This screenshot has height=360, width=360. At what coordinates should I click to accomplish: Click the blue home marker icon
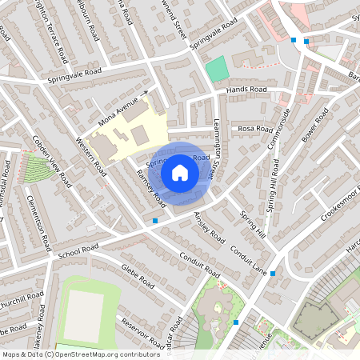[x=180, y=172]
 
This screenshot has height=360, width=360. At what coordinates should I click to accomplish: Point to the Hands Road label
[x=246, y=90]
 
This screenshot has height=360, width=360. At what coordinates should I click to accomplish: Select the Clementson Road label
[x=38, y=222]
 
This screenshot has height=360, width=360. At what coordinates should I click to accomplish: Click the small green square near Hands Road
[x=216, y=69]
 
